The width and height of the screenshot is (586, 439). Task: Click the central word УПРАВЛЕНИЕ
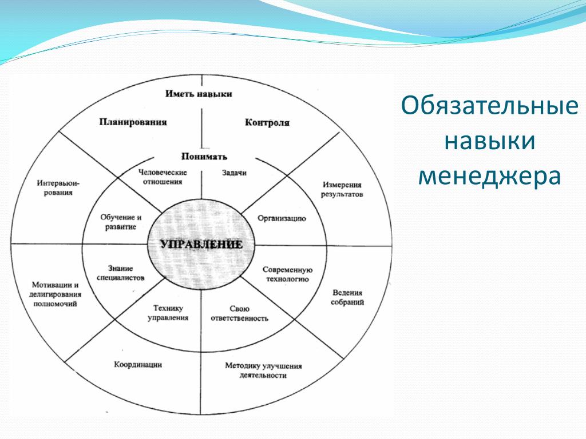(x=201, y=245)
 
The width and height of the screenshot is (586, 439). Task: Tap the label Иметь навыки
(x=199, y=94)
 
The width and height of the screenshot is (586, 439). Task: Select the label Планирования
(x=133, y=122)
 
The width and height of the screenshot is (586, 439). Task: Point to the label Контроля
(x=267, y=122)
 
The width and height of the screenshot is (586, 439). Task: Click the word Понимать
(x=204, y=157)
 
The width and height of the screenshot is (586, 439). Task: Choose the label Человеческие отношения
(x=163, y=177)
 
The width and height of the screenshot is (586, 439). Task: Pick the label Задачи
(x=234, y=173)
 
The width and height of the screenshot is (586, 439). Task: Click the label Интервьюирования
(x=58, y=187)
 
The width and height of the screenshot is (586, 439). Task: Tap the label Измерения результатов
(x=342, y=189)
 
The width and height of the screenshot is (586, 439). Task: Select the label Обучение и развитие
(x=121, y=222)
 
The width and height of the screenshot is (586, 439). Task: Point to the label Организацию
(x=282, y=218)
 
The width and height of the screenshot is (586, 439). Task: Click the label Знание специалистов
(x=120, y=273)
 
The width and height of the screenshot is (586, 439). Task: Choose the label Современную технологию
(x=287, y=274)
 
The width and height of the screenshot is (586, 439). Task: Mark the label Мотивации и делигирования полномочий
(x=56, y=294)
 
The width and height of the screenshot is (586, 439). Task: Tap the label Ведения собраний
(x=347, y=297)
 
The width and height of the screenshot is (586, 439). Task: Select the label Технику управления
(x=168, y=313)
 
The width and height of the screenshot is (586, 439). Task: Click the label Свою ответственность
(x=240, y=314)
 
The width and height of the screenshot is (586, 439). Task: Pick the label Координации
(x=138, y=364)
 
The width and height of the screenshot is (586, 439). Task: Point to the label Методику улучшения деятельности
(x=263, y=370)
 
